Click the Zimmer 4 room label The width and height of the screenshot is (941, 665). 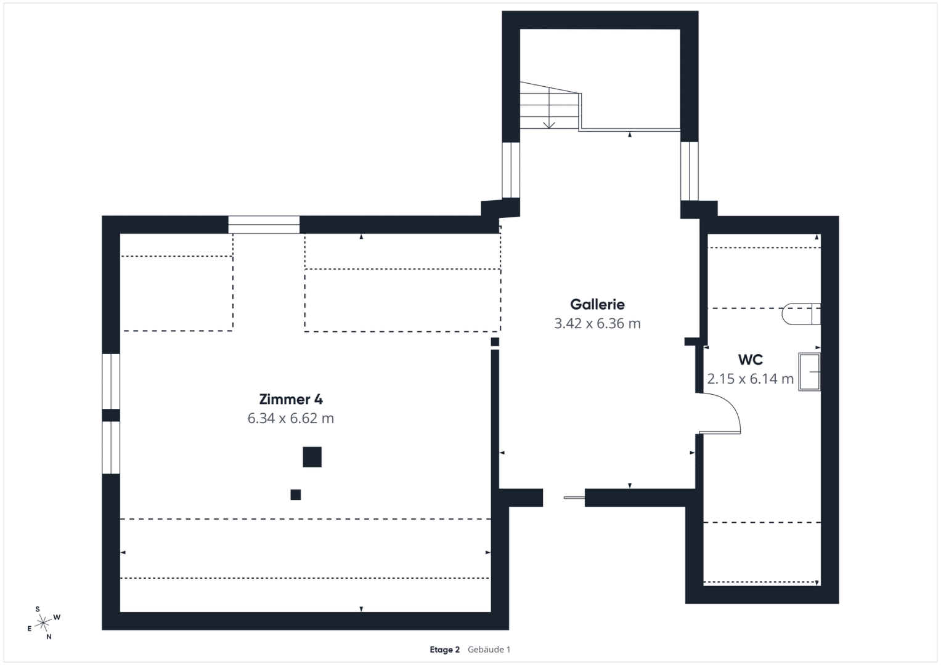coord(291,399)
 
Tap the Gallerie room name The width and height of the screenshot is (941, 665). coord(597,304)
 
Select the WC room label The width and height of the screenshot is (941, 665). coord(751,360)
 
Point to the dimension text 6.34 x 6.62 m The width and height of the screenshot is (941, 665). coord(291,419)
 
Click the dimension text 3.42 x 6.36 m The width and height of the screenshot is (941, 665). coord(597,324)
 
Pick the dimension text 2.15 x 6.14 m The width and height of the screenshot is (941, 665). coord(751,379)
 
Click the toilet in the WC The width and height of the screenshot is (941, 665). coord(801,313)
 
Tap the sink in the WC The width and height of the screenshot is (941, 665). coord(810,372)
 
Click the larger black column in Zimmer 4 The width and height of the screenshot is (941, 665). coord(312,457)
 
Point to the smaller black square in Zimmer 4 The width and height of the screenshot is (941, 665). coord(296,495)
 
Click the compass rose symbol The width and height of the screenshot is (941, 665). coord(43,623)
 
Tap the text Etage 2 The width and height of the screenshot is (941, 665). coord(444,650)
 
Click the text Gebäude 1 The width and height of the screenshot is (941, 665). coord(489,650)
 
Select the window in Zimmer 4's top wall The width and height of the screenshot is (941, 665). coord(264,225)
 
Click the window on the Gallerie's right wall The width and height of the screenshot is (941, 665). coord(690,171)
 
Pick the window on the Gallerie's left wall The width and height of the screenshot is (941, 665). coord(511,169)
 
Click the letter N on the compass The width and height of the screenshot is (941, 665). coord(49,637)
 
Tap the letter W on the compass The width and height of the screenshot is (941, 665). coord(57,617)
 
